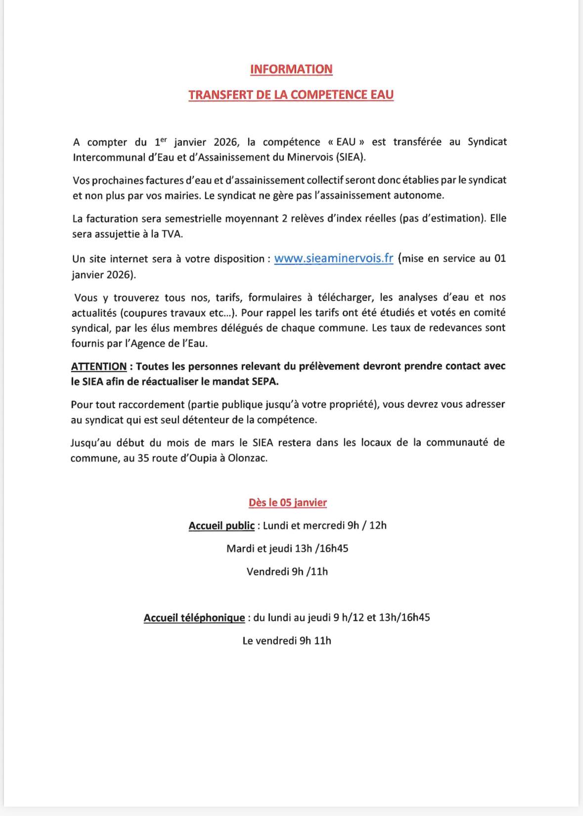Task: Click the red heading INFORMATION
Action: click(x=291, y=69)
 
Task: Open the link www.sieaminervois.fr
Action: click(x=334, y=258)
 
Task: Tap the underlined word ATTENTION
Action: click(x=99, y=367)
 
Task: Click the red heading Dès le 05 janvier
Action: click(x=287, y=503)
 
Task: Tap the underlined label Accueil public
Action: click(x=222, y=525)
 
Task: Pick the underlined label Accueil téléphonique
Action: click(x=194, y=618)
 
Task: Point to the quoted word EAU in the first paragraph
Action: click(x=346, y=142)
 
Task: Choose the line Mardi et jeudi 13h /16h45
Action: click(x=287, y=549)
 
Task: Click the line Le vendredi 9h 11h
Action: click(x=287, y=641)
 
